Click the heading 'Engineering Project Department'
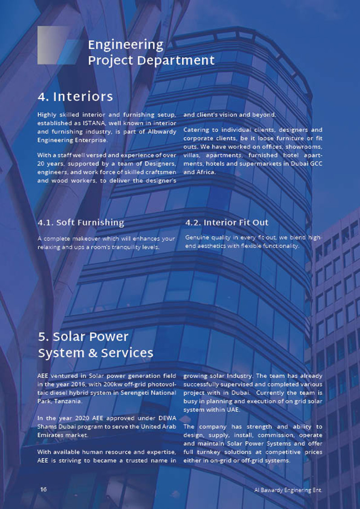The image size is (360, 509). coord(151,52)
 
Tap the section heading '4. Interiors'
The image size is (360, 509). coord(75,97)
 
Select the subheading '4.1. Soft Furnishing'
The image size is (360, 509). coord(81,222)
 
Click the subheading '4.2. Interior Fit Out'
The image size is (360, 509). coord(227,222)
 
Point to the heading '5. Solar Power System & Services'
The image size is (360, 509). coord(95,344)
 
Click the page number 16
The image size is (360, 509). coord(43,489)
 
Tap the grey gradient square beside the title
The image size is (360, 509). coord(53,44)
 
